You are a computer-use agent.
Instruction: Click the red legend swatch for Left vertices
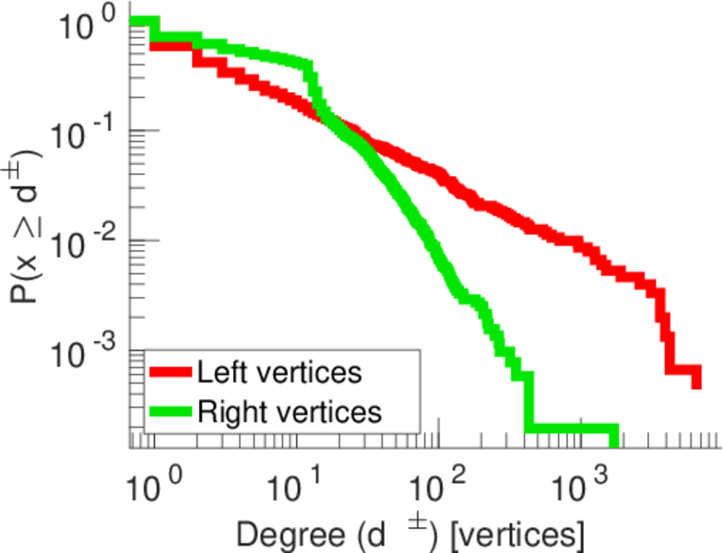click(171, 373)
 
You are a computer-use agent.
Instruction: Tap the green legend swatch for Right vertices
click(171, 411)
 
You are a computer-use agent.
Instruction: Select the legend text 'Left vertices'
click(279, 373)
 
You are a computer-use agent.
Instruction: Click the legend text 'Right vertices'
click(288, 411)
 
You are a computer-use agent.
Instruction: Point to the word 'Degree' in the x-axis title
click(290, 534)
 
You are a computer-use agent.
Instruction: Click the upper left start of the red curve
click(153, 43)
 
